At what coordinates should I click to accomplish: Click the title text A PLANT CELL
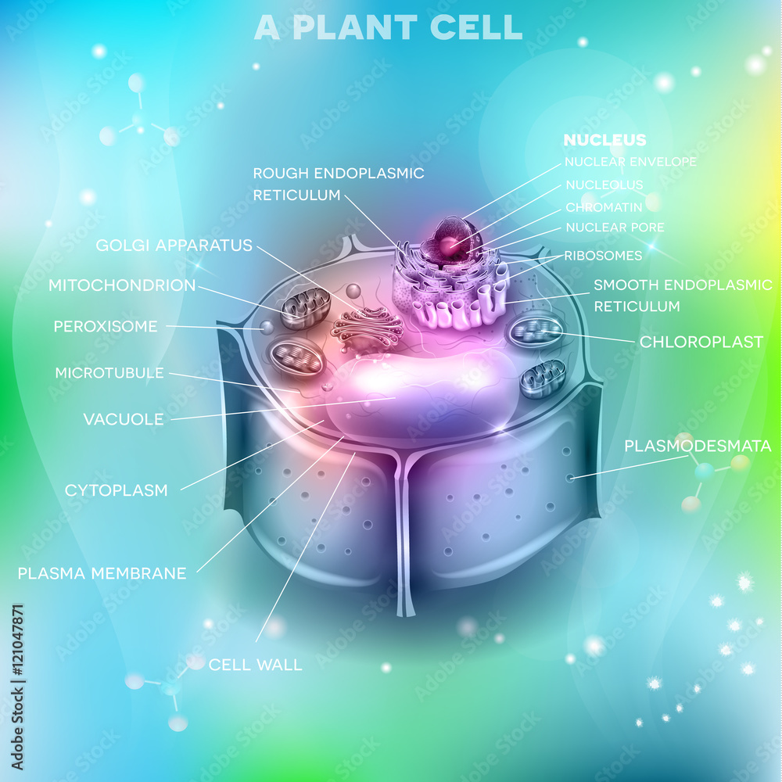(389, 27)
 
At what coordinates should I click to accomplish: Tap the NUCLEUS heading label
(604, 141)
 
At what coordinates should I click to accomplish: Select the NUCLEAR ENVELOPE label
(630, 162)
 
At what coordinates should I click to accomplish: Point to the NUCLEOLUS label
(604, 185)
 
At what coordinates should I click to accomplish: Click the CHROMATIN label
(604, 207)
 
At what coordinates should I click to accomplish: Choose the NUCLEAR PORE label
(615, 228)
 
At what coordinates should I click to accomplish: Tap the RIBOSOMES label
(603, 256)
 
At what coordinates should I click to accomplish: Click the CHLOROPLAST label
(701, 342)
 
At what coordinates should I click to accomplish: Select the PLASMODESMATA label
(698, 447)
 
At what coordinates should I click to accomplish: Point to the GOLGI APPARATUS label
(174, 246)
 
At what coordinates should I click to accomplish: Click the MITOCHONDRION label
(122, 285)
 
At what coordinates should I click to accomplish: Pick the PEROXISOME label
(106, 326)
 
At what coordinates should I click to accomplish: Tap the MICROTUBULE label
(109, 373)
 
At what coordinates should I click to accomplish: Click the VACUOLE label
(124, 419)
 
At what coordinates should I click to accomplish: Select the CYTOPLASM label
(116, 490)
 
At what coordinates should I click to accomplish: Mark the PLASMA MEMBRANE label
(102, 573)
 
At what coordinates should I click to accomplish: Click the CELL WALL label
(255, 665)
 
